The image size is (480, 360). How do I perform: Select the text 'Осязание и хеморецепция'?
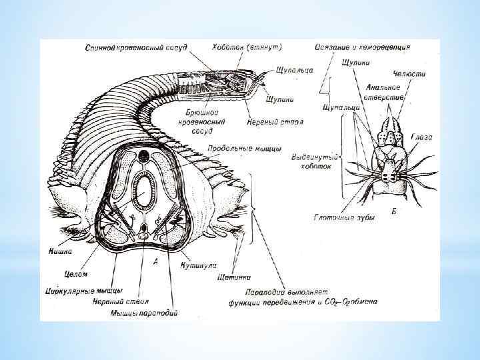[x=363, y=48]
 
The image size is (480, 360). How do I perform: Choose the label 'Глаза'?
[x=422, y=137]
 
